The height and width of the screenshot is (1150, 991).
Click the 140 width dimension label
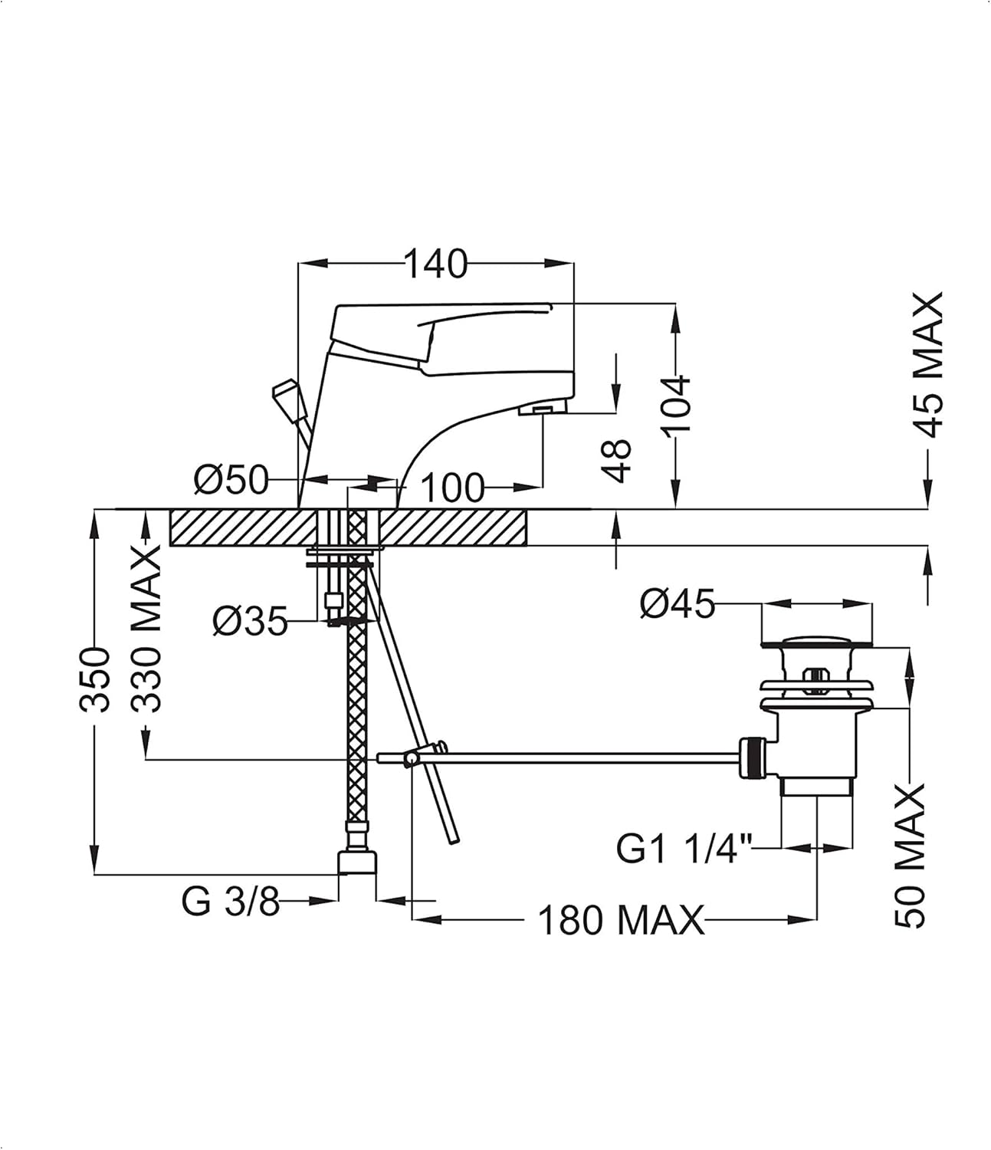click(435, 264)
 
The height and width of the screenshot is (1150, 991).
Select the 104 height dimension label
click(677, 403)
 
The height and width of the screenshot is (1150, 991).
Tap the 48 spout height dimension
click(617, 460)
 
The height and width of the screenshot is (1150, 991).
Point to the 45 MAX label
click(930, 365)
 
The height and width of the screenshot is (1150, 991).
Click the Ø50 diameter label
click(231, 481)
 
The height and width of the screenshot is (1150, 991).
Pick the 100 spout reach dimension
click(452, 487)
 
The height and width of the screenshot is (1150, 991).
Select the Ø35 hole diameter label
click(250, 620)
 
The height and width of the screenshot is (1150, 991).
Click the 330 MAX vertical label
click(146, 629)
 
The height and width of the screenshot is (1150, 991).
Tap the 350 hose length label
click(97, 679)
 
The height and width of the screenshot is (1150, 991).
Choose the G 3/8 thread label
click(231, 902)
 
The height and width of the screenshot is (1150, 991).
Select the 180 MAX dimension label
click(620, 920)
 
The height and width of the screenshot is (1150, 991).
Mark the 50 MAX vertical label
click(911, 856)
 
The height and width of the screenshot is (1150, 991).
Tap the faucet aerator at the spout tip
click(542, 411)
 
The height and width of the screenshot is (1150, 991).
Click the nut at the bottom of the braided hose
click(358, 861)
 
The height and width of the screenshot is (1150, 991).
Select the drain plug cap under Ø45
click(815, 642)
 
